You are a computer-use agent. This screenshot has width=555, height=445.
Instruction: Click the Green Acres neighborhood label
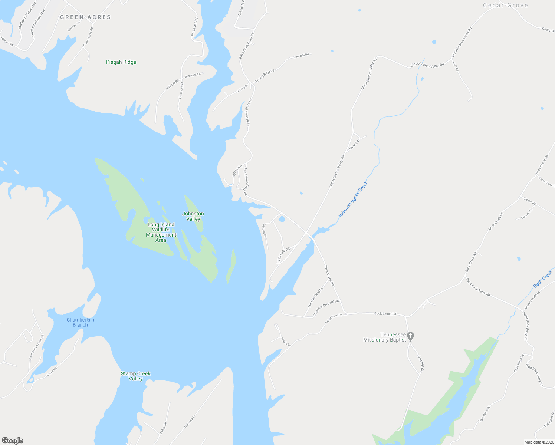point(85,17)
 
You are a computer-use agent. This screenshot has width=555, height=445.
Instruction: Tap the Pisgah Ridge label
point(121,62)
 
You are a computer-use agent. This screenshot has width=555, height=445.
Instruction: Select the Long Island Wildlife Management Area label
point(161,232)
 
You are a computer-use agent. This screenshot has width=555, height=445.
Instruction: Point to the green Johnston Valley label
point(193,216)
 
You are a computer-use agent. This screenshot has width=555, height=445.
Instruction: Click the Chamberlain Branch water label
point(80,322)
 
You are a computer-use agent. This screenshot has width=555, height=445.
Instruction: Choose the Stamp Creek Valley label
point(135,376)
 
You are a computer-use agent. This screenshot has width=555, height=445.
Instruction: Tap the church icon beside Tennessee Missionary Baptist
point(410,336)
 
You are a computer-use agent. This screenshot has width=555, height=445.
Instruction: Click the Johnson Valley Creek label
point(352,200)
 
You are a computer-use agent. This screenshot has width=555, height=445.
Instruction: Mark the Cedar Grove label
point(505,5)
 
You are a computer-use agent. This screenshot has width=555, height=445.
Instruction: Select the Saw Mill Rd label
point(301,56)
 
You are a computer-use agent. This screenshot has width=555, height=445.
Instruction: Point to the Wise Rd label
point(354,145)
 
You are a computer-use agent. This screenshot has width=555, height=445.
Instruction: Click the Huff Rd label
point(455,66)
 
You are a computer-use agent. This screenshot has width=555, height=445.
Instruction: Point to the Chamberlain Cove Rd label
point(36,347)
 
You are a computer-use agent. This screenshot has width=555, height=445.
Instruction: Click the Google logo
point(12,441)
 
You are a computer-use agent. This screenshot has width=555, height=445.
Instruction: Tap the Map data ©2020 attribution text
point(538,442)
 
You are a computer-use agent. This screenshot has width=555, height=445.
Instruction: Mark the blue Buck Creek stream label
point(542,279)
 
